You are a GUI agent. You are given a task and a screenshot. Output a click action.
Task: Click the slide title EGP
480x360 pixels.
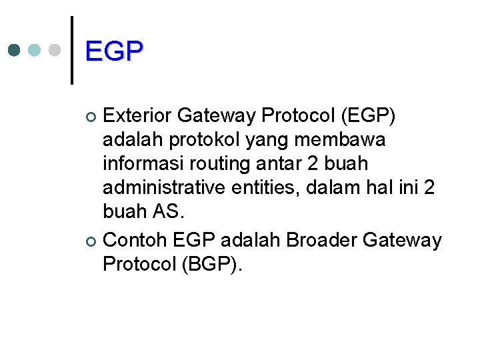click(x=114, y=51)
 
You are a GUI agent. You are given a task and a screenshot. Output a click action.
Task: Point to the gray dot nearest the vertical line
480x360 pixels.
click(x=55, y=51)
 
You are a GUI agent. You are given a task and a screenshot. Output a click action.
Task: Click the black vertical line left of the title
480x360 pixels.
click(x=71, y=50)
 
